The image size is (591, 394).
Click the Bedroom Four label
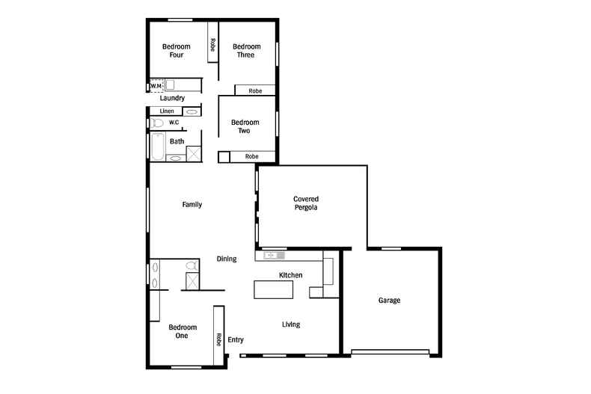(x=177, y=51)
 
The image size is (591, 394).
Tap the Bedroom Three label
(x=245, y=51)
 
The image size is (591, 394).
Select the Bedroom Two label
(x=245, y=126)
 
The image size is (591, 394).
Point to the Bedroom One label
(x=183, y=331)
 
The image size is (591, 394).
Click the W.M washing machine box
(x=156, y=86)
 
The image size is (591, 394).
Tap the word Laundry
(x=172, y=98)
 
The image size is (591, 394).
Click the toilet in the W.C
(x=157, y=123)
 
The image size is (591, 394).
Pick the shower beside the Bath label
(x=193, y=153)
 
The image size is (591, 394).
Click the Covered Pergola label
(x=305, y=203)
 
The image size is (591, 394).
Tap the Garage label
(x=389, y=301)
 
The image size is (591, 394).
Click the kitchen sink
(x=271, y=256)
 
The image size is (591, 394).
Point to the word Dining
(x=227, y=259)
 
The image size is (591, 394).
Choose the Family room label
(x=192, y=205)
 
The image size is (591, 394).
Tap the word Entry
(x=236, y=340)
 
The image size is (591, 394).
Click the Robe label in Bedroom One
(x=219, y=339)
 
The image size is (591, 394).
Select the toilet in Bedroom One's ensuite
(x=191, y=265)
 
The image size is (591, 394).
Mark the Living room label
(x=291, y=324)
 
